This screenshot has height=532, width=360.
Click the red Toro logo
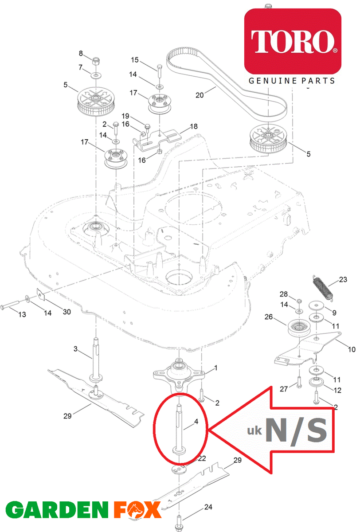coord(293,41)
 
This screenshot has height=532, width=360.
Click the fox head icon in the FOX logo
coord(133,510)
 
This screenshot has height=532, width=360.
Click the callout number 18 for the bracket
coord(194,126)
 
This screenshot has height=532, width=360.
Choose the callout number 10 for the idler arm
coord(351,349)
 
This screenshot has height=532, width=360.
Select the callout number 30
coord(67,312)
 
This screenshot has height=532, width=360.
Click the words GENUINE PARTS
coord(292,81)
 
